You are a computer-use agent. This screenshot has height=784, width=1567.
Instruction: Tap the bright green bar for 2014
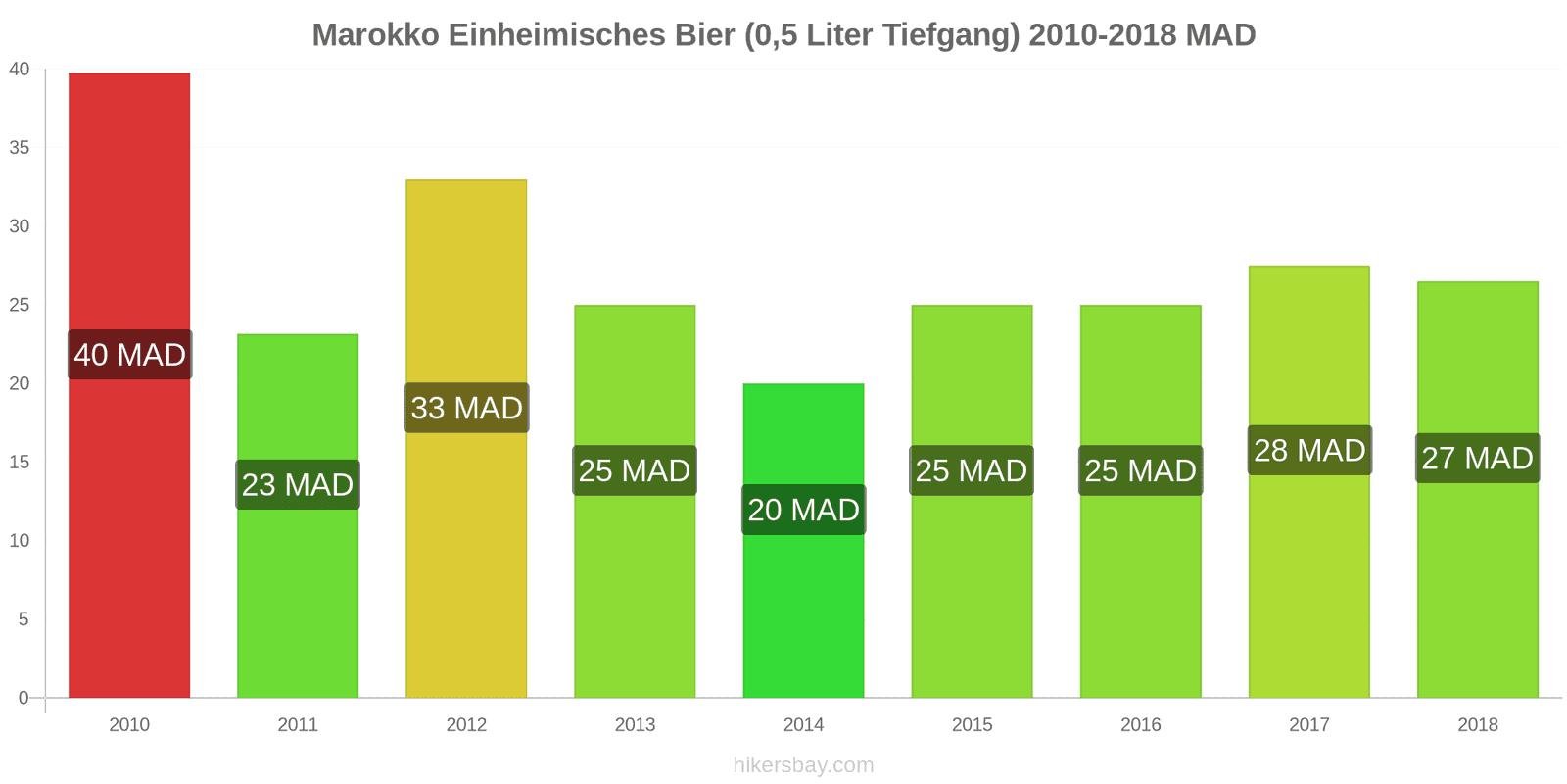click(803, 608)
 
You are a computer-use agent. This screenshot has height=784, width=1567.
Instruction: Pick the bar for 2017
click(1309, 568)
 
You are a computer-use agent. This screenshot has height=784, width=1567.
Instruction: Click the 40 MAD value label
click(129, 355)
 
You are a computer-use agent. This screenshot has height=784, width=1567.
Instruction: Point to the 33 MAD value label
click(466, 408)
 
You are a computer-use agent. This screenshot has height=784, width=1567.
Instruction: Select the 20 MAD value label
click(803, 510)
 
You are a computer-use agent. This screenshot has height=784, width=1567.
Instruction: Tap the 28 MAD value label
click(1309, 451)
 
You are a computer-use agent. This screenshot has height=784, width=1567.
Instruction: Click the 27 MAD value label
click(1477, 458)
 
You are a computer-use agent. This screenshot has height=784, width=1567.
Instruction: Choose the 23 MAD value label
click(298, 485)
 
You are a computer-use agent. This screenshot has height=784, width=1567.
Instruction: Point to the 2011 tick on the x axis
click(298, 725)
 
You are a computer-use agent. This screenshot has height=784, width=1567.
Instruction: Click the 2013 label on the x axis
click(635, 725)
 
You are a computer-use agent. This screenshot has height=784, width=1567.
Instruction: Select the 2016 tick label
click(1140, 725)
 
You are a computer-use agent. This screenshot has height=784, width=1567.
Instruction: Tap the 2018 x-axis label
click(1477, 725)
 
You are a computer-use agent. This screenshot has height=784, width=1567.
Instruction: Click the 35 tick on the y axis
click(20, 148)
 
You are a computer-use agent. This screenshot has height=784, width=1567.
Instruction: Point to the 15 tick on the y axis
click(20, 462)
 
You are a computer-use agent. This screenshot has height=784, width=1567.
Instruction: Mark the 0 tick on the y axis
click(24, 698)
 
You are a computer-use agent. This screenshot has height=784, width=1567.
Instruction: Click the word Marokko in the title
click(376, 35)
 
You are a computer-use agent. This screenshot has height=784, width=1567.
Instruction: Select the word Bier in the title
click(704, 35)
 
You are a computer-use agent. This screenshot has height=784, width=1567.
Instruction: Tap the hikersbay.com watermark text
click(803, 765)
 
